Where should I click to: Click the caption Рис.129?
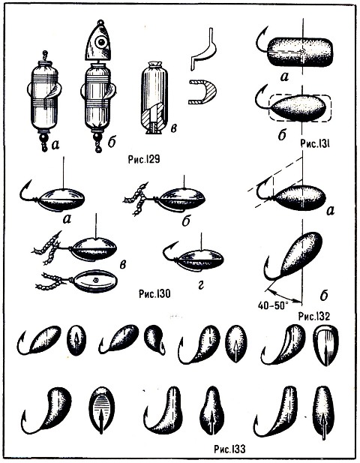pos(144,159)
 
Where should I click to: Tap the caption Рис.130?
pos(154,294)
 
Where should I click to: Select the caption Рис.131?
pos(315,144)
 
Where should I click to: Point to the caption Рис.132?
pos(313,316)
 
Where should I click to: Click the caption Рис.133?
pos(229,449)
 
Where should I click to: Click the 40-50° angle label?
pos(272,305)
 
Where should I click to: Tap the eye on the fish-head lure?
pos(101,42)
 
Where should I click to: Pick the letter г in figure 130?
pos(201,284)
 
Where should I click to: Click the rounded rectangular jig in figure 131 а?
pos(300,52)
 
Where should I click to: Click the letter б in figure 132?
pos(324,296)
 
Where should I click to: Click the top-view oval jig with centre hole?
pos(95,281)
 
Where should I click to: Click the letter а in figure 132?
pos(331,210)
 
